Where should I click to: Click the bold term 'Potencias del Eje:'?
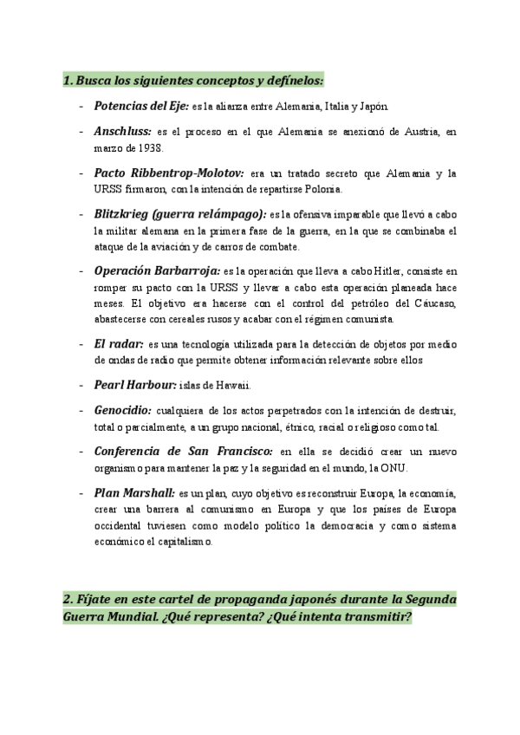pos(140,107)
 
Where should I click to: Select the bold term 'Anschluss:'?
pos(122,132)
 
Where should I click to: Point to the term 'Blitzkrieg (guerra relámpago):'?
pos(180,214)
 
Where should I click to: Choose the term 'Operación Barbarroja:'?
pos(156,270)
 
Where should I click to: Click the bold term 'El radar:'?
pos(118,343)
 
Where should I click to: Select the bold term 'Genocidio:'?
pos(122,410)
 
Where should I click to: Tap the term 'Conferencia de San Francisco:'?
pos(181,452)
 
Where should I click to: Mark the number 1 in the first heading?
pos(67,81)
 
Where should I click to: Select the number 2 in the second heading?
pos(67,601)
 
